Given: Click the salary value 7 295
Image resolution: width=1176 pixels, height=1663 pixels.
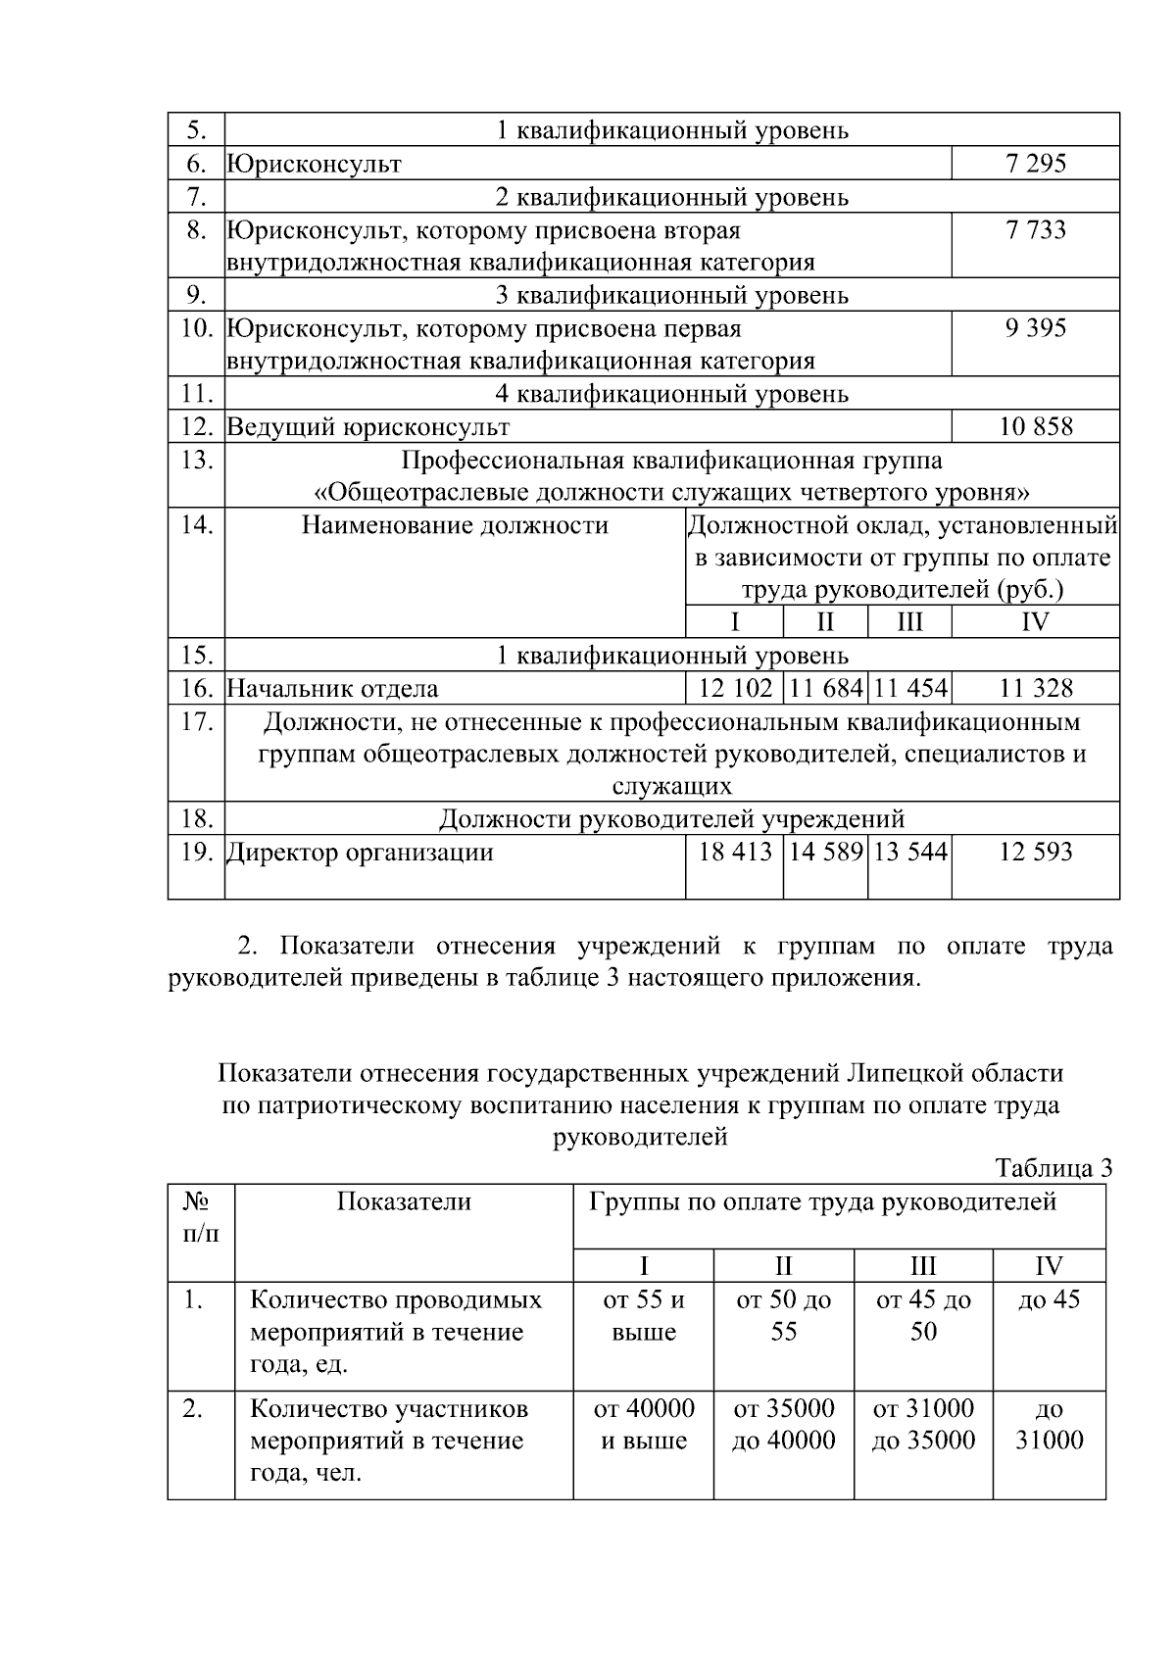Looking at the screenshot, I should [x=1035, y=164].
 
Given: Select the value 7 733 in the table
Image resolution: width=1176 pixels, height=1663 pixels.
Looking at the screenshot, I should [x=1035, y=230].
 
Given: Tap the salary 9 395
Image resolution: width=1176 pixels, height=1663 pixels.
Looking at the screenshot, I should [x=1035, y=328].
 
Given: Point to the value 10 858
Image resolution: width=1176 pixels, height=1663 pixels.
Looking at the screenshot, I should [x=1035, y=426].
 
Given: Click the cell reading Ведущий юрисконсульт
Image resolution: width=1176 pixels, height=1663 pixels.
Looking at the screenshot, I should [x=368, y=427].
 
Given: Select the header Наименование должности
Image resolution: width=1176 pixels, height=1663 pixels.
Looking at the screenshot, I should [x=455, y=526].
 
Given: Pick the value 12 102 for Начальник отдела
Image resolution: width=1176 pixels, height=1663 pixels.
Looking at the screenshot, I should [x=735, y=689].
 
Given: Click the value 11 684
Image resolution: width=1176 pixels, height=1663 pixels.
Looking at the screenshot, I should [x=825, y=689].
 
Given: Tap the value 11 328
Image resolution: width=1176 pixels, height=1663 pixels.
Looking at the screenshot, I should [x=1035, y=689].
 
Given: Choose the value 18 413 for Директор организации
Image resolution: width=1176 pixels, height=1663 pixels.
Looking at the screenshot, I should [x=735, y=852].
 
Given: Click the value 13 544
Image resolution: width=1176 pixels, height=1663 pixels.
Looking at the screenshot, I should [x=909, y=852].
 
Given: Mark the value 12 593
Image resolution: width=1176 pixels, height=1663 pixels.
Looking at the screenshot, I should [x=1035, y=852].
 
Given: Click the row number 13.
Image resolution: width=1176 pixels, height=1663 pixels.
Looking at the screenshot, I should [x=197, y=460].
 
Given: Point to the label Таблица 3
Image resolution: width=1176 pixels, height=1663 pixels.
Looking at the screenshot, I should [x=1053, y=1168].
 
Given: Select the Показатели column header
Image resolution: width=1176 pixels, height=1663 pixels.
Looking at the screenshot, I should [x=404, y=1202].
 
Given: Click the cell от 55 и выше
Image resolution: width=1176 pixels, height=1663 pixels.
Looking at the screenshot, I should [x=644, y=1316].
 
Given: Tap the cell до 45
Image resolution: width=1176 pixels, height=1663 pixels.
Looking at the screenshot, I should [x=1049, y=1300].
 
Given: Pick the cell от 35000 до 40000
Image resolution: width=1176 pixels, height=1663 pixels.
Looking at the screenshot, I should [x=784, y=1425].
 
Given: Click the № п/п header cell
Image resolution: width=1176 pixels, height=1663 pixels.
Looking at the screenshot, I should [x=201, y=1218].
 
